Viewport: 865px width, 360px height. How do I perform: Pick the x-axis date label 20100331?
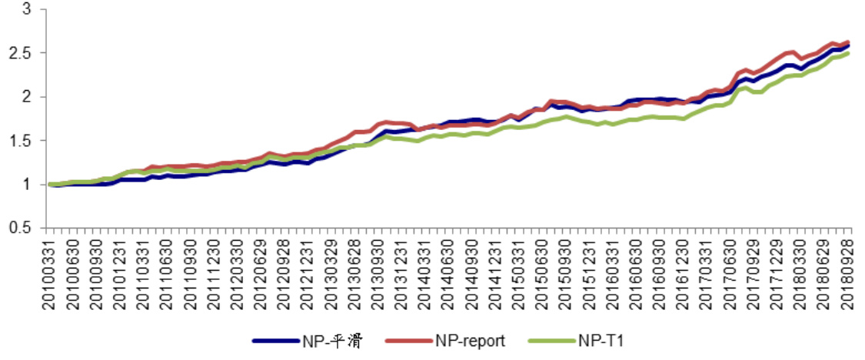click(48, 273)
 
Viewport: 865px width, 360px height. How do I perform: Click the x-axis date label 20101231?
click(119, 273)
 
